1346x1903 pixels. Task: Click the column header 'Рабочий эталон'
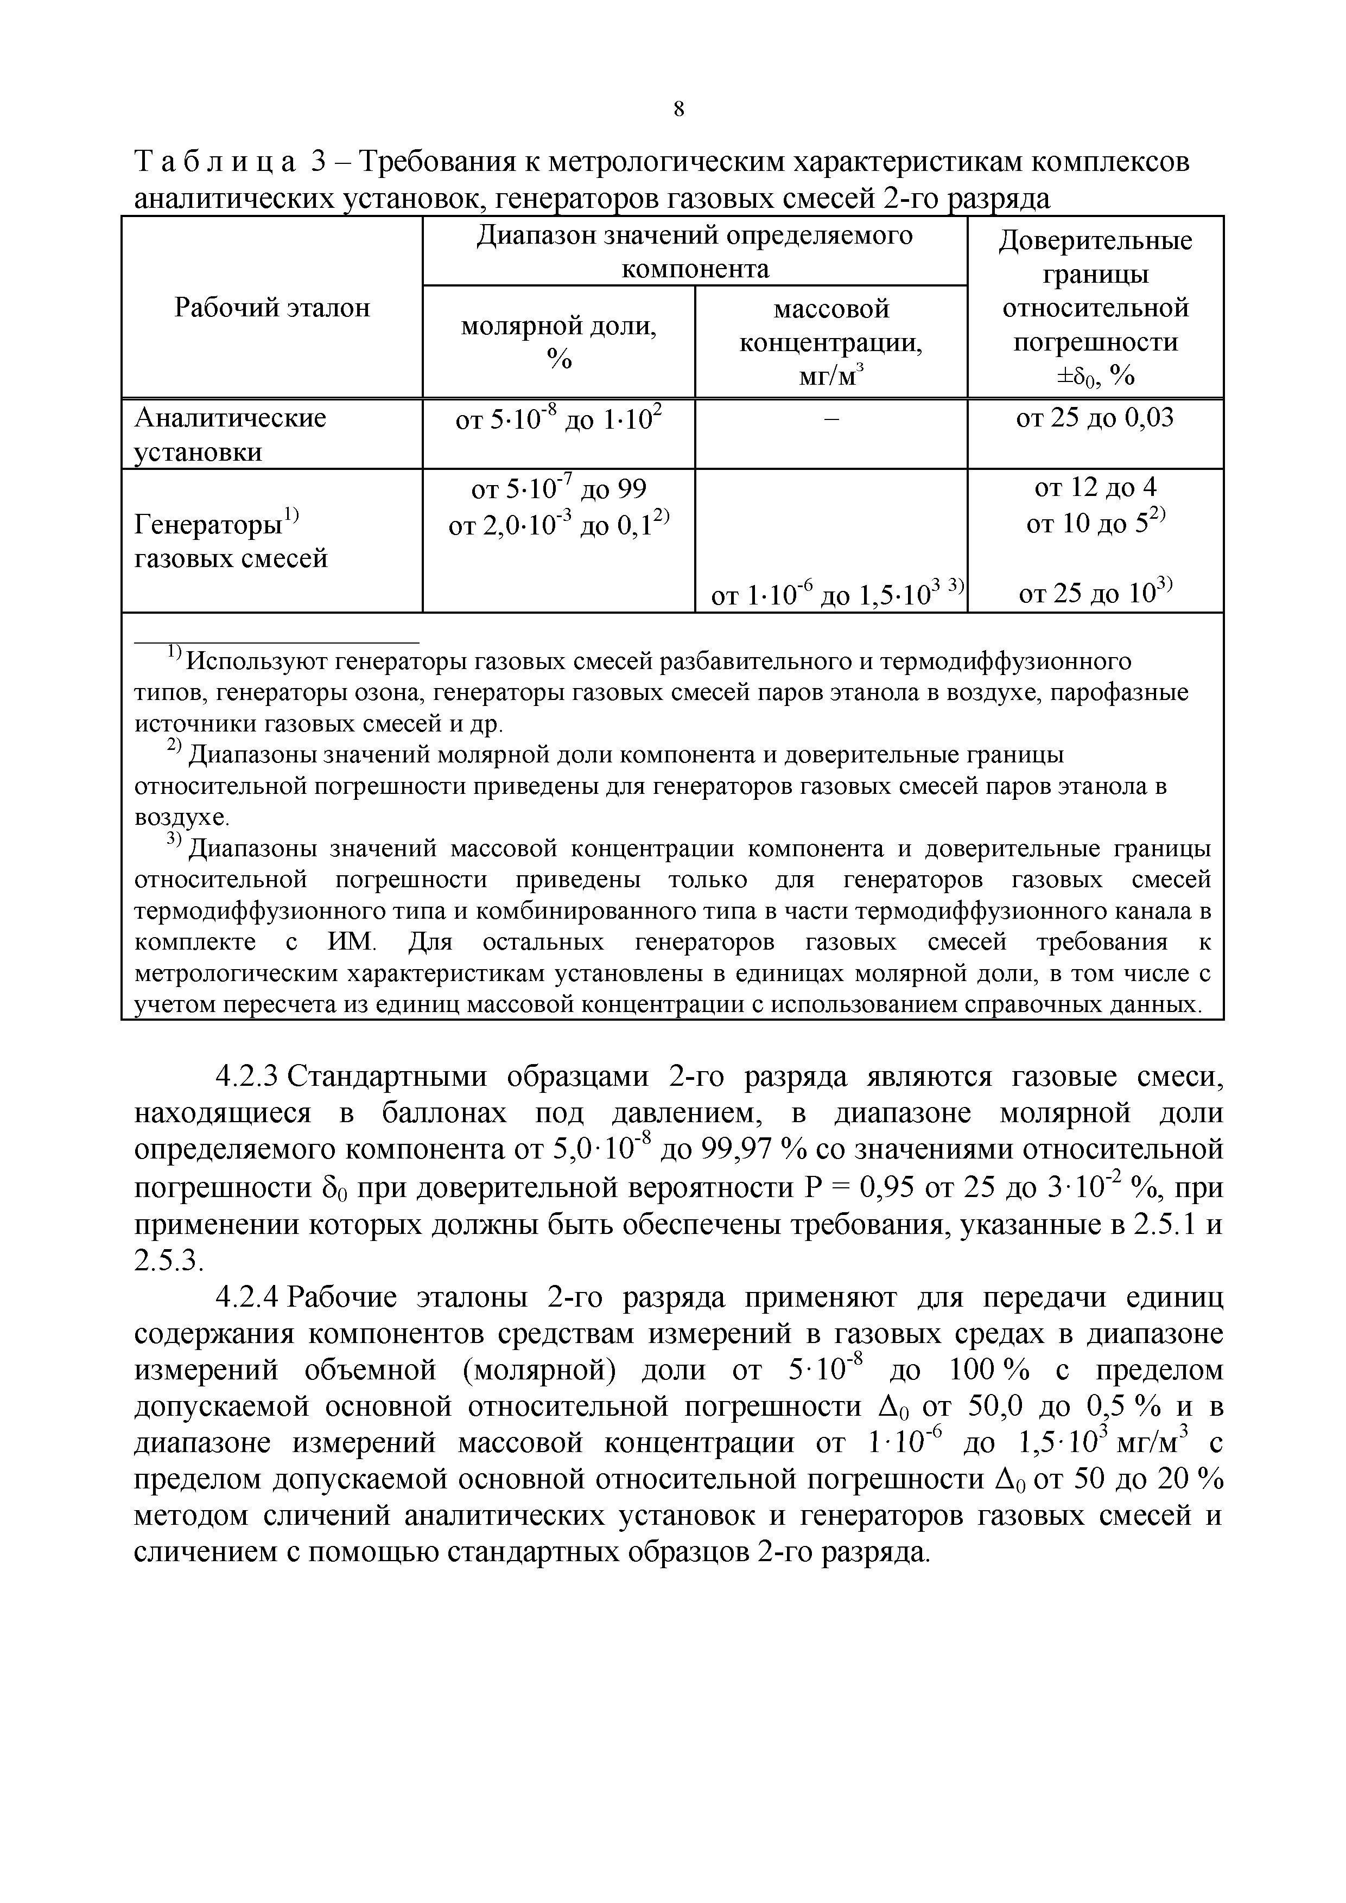click(x=272, y=308)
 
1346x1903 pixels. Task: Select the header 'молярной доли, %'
click(x=558, y=341)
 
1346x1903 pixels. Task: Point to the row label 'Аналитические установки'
click(x=231, y=434)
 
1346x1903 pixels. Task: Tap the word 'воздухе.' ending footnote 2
click(x=181, y=817)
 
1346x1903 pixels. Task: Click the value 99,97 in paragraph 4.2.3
click(x=738, y=1150)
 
